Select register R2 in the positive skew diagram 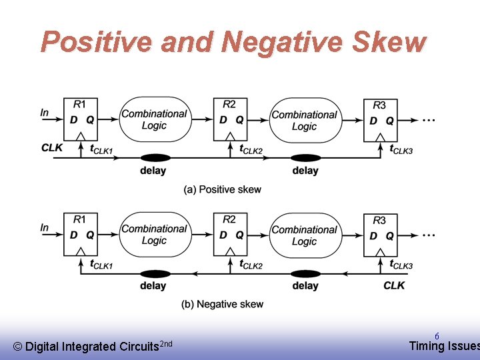(x=231, y=119)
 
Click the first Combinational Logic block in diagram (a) (x=154, y=119)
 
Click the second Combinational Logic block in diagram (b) (x=304, y=235)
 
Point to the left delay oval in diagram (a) (x=153, y=158)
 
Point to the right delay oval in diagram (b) (x=305, y=273)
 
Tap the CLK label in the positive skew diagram (x=52, y=148)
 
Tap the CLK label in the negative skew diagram (x=394, y=285)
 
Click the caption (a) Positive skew (x=223, y=189)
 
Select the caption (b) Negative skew (x=223, y=304)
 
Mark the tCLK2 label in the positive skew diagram (x=251, y=149)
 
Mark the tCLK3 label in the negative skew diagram (x=401, y=265)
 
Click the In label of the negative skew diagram (x=45, y=227)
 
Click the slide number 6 (x=437, y=336)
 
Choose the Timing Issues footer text (x=443, y=346)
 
